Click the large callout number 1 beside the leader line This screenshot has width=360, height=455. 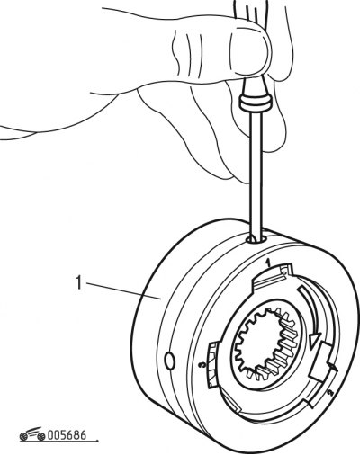(78, 282)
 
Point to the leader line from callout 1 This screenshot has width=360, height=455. (122, 290)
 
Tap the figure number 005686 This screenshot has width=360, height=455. (67, 435)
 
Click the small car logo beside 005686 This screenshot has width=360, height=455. (32, 434)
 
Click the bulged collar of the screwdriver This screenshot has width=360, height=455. (255, 103)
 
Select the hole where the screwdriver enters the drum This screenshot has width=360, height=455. (256, 239)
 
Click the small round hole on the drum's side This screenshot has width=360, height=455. (169, 361)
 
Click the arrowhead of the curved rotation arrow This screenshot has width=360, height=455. (313, 341)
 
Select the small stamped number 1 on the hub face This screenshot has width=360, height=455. (268, 263)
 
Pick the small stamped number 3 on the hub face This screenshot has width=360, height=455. (203, 365)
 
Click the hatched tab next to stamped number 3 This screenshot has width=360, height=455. (212, 356)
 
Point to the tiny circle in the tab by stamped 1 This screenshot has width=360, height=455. (284, 272)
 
